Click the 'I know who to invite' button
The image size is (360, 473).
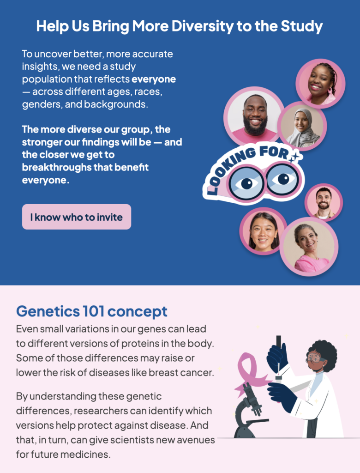[77, 217]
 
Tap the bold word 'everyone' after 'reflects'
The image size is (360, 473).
[154, 79]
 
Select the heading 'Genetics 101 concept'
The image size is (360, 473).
[92, 311]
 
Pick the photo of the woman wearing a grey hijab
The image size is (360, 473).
[302, 126]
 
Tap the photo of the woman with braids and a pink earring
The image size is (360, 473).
[320, 83]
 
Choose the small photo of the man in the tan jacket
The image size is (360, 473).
[324, 202]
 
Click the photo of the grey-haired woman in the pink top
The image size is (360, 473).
[309, 247]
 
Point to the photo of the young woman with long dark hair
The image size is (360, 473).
[263, 231]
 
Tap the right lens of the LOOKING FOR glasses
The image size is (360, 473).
[282, 179]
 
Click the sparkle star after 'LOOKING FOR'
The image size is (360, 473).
[295, 157]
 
